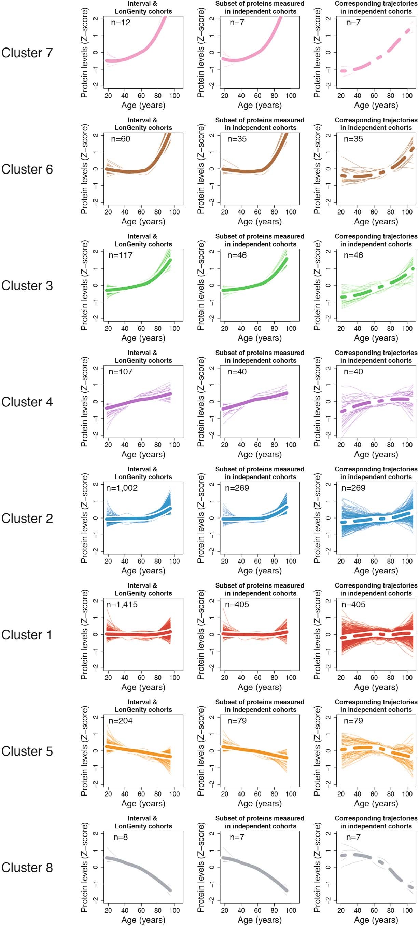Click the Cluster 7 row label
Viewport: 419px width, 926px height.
pos(27,53)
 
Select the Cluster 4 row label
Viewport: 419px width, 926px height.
pos(27,402)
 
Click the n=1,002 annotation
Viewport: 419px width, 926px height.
pos(122,488)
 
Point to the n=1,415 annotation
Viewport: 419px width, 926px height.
pos(122,604)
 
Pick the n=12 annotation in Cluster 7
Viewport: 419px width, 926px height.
pos(121,23)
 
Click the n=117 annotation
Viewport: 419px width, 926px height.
pos(121,255)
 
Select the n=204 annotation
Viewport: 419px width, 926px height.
pos(121,721)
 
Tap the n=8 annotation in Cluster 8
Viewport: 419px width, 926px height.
pos(121,837)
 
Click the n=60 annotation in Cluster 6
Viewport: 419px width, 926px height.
pos(121,139)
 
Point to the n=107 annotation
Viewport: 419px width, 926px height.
pos(121,372)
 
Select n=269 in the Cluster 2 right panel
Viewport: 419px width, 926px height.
pos(353,488)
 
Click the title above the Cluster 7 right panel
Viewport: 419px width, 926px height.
pos(376,8)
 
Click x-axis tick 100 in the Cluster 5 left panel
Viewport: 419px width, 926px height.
pos(174,794)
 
